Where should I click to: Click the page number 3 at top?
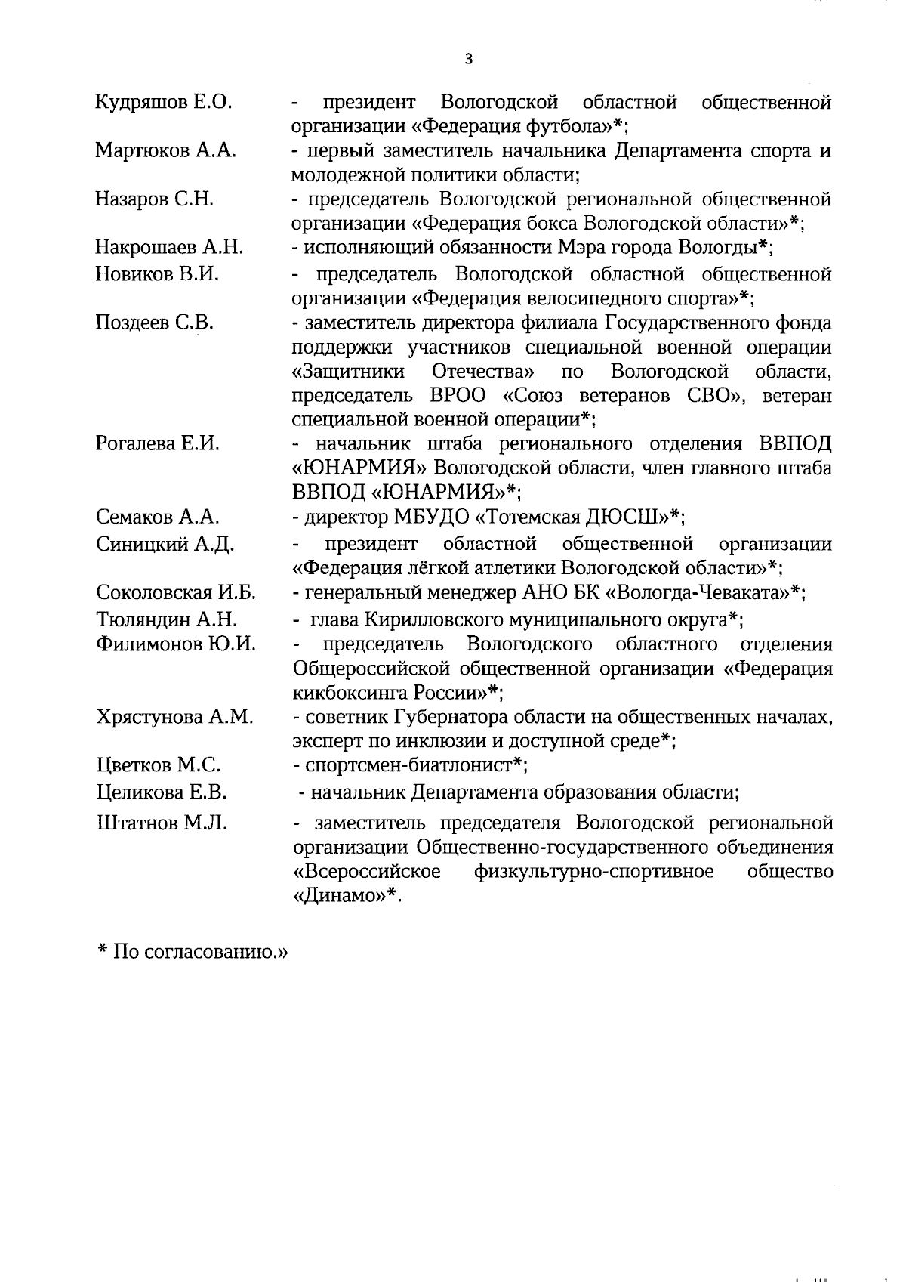(x=469, y=60)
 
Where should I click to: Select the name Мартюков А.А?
(x=165, y=150)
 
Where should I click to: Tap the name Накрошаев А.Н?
(x=169, y=248)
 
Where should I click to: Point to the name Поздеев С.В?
(x=155, y=323)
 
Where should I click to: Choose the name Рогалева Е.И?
(x=158, y=443)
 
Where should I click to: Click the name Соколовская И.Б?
(x=176, y=593)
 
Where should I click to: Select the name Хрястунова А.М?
(x=174, y=716)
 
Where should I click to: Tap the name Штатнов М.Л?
(x=161, y=822)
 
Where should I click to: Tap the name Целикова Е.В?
(x=162, y=792)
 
